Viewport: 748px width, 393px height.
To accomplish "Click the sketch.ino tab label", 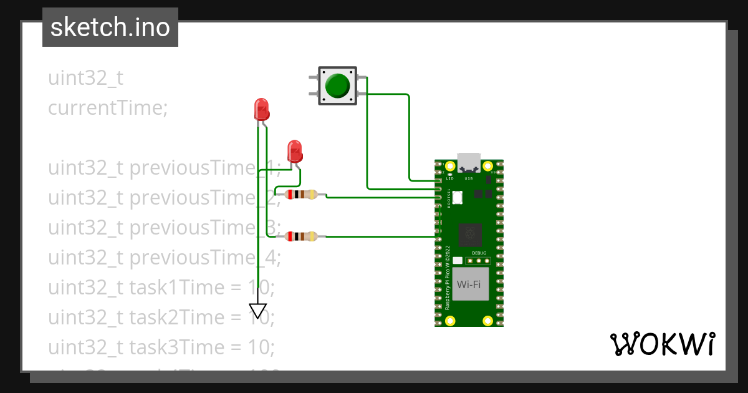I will (110, 27).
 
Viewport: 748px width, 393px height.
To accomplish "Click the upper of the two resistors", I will (301, 195).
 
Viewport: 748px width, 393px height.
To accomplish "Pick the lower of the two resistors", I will (301, 236).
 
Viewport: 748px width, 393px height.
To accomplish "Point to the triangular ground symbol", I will (258, 310).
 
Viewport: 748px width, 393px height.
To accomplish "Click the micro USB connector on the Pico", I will (469, 163).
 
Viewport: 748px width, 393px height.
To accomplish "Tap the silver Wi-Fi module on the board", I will (469, 284).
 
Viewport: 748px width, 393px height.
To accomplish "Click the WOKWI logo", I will (661, 344).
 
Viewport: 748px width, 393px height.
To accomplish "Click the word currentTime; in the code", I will (108, 108).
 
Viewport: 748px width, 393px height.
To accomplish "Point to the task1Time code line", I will (161, 288).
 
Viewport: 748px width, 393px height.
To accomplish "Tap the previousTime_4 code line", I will (165, 257).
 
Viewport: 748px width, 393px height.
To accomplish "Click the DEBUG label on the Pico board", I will (479, 253).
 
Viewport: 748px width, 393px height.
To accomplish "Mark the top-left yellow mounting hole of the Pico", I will (449, 166).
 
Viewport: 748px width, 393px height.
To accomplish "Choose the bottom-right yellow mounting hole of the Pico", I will (488, 321).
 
